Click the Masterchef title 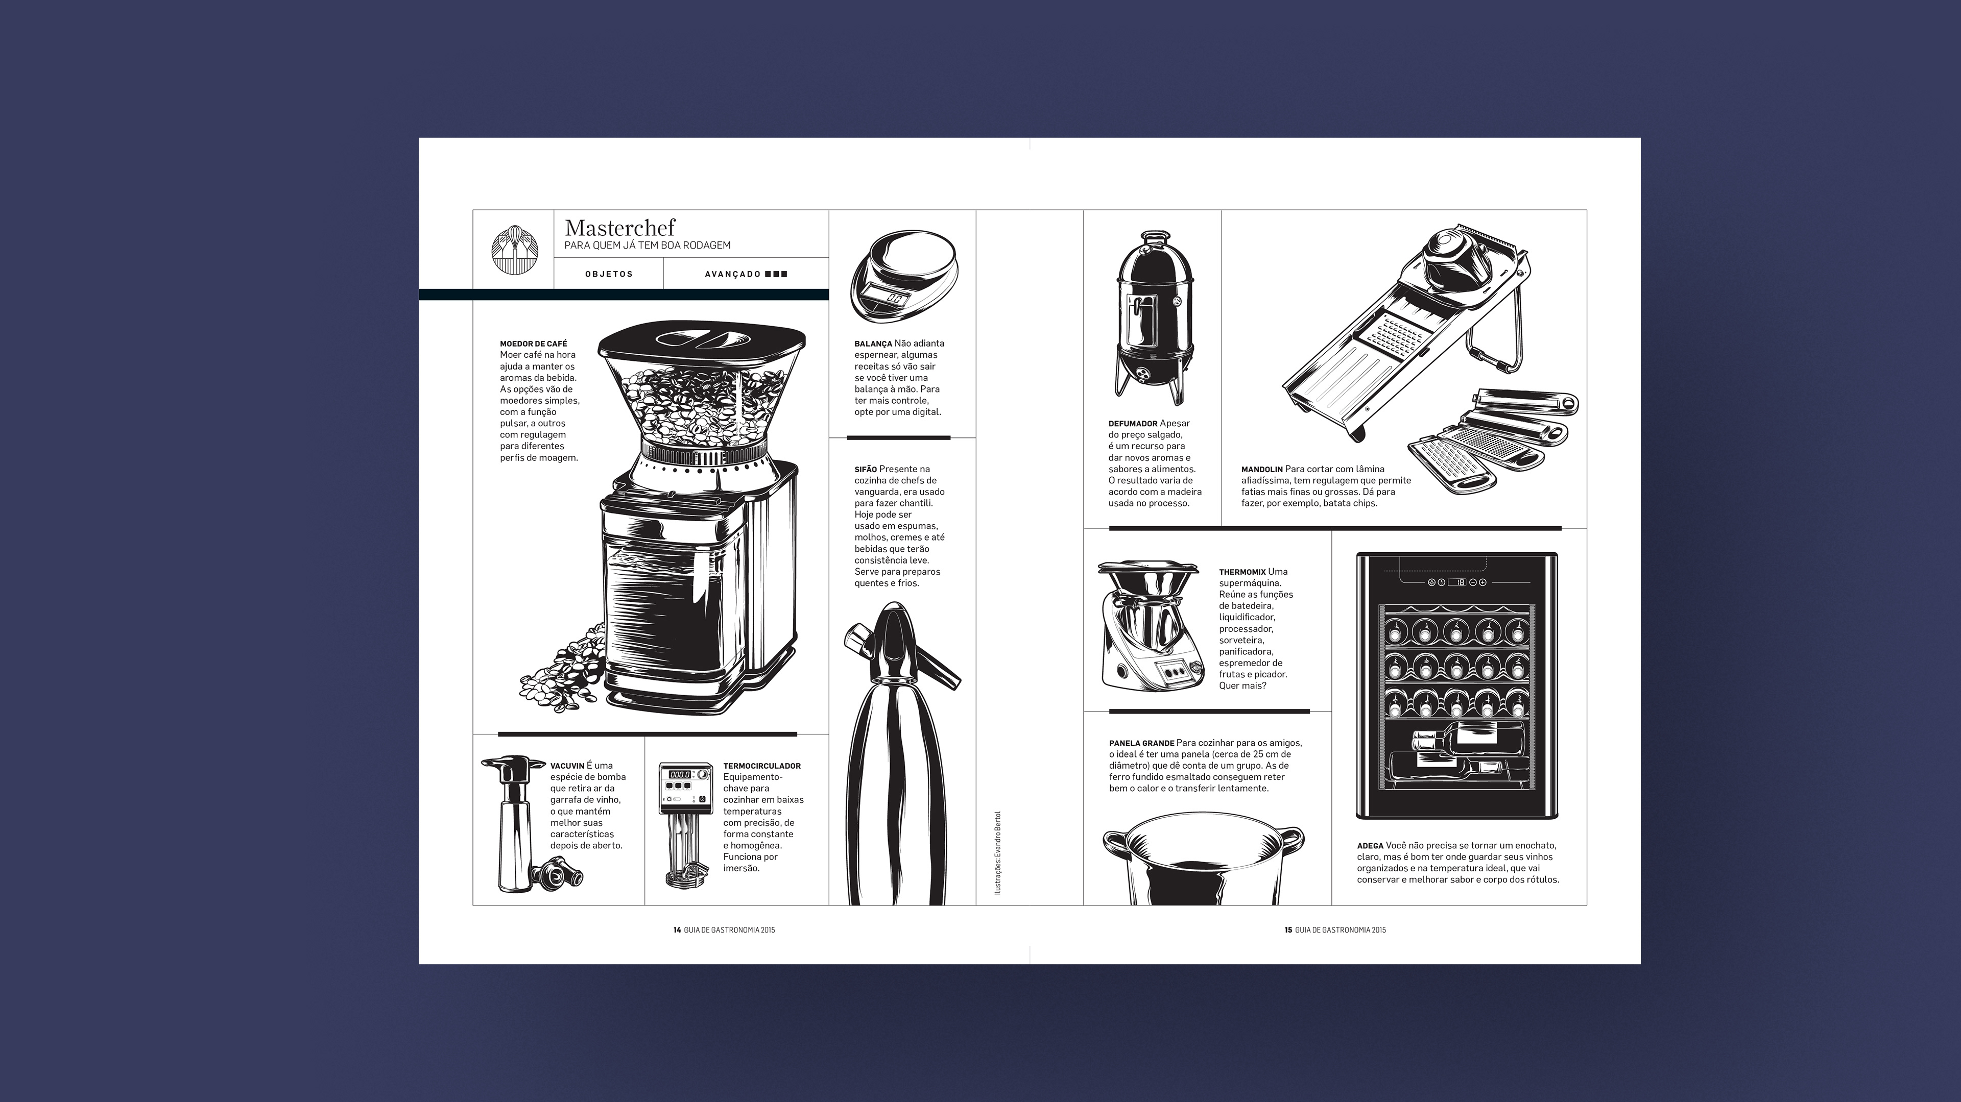click(x=619, y=228)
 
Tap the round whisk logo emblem click(x=514, y=249)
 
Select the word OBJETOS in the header click(x=609, y=274)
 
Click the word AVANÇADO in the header click(x=732, y=274)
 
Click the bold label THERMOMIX click(x=1241, y=572)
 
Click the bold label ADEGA click(x=1370, y=846)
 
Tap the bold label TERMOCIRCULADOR click(x=762, y=766)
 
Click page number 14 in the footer click(x=677, y=930)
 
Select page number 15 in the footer click(x=1288, y=930)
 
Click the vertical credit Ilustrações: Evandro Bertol click(x=998, y=852)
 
